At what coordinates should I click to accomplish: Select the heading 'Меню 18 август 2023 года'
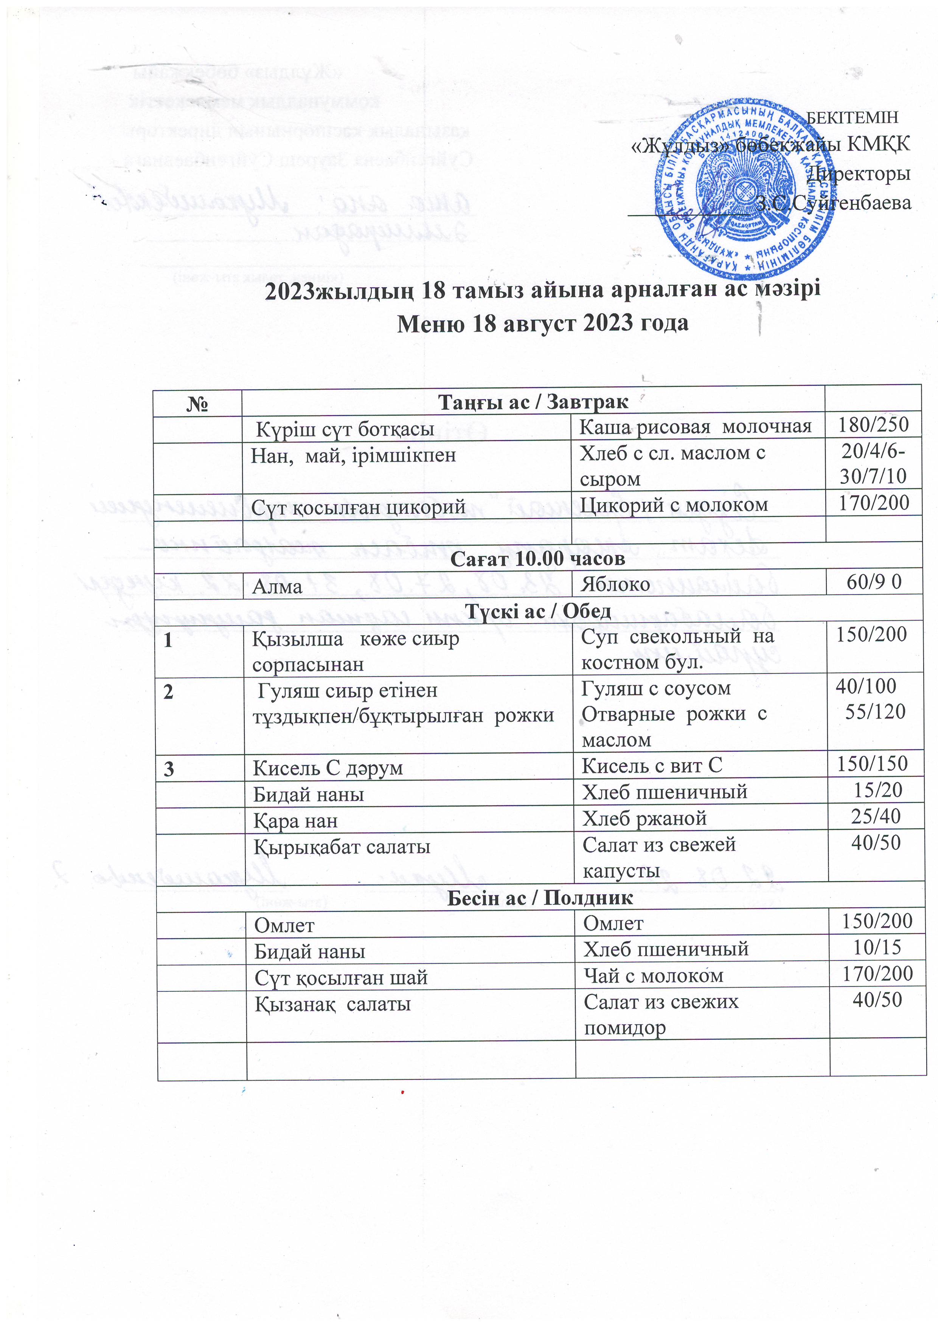tap(542, 323)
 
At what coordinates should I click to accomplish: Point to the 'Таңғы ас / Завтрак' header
tap(533, 401)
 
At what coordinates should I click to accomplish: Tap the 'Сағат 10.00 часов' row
tap(537, 558)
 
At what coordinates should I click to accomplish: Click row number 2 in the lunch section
tap(168, 691)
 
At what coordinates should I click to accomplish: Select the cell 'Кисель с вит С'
tap(651, 766)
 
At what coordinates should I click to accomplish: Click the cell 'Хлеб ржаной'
tap(644, 818)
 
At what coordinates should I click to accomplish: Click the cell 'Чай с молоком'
tap(653, 976)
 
